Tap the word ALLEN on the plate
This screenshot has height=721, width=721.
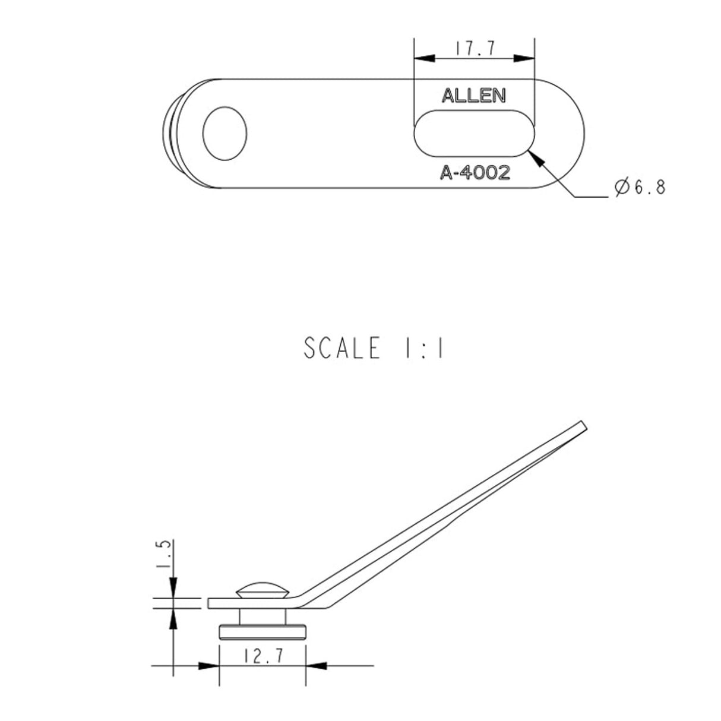[x=473, y=96]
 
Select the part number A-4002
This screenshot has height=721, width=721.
[x=475, y=173]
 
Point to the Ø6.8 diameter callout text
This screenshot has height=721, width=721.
[x=640, y=188]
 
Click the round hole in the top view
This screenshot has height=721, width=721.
[x=224, y=134]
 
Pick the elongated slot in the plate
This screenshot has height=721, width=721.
[x=475, y=134]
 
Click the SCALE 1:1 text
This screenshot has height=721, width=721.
[x=374, y=348]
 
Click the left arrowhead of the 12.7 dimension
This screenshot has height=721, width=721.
[x=209, y=666]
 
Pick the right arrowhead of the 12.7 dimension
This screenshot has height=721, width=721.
[x=316, y=666]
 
